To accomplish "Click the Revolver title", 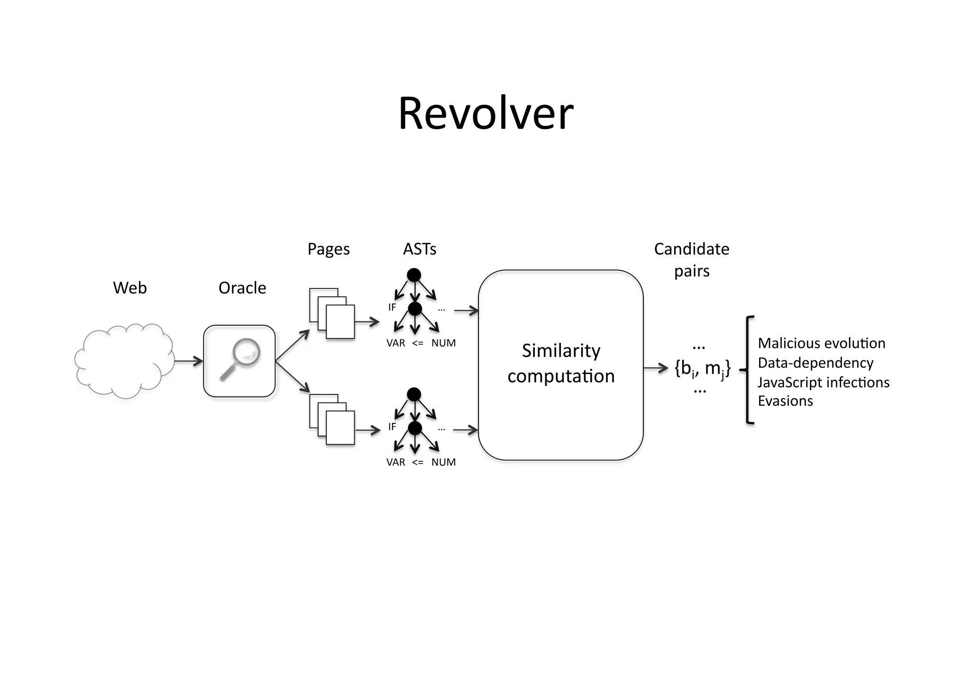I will [x=485, y=114].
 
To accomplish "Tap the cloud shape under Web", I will [x=124, y=361].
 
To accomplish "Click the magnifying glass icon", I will [x=240, y=359].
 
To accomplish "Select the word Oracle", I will [x=242, y=288].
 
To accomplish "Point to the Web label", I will [x=129, y=288].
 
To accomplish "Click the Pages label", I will [x=328, y=249].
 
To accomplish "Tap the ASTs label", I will [x=419, y=249].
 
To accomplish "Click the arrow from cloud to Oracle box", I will [x=188, y=362].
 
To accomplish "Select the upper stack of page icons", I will [x=332, y=313].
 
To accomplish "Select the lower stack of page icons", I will [x=332, y=419].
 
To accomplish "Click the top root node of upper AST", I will [x=414, y=274].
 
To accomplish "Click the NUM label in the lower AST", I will [x=443, y=462].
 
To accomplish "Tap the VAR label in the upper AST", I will [x=395, y=343].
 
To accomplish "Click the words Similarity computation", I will [x=561, y=364].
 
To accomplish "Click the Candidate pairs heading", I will [x=691, y=260].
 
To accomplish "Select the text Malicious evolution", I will [x=821, y=343].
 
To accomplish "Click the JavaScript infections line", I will [x=823, y=382].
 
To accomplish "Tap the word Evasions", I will [x=785, y=401].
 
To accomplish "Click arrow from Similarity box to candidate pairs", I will [x=656, y=368].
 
